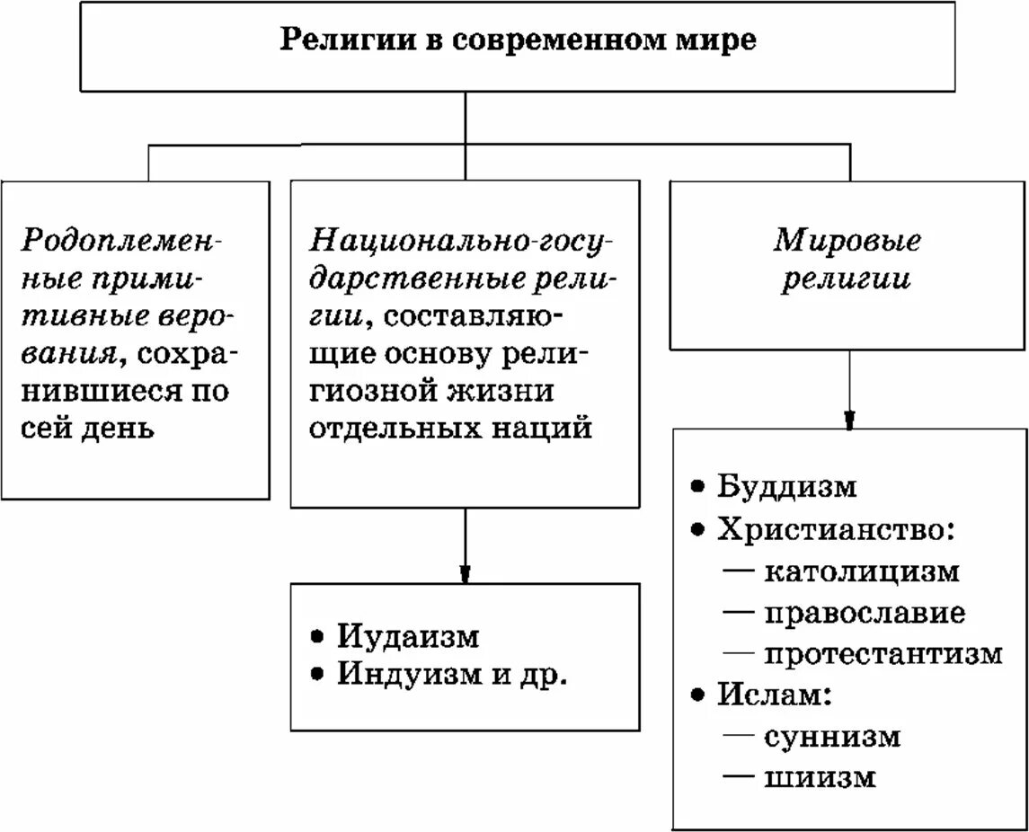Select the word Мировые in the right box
click(848, 241)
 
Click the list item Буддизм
click(787, 486)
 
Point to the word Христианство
click(829, 528)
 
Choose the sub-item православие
click(865, 613)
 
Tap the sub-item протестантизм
click(883, 653)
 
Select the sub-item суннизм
click(832, 737)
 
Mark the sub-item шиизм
click(820, 777)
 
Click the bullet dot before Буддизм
click(697, 486)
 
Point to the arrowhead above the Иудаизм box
click(465, 574)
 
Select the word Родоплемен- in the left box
click(122, 241)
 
